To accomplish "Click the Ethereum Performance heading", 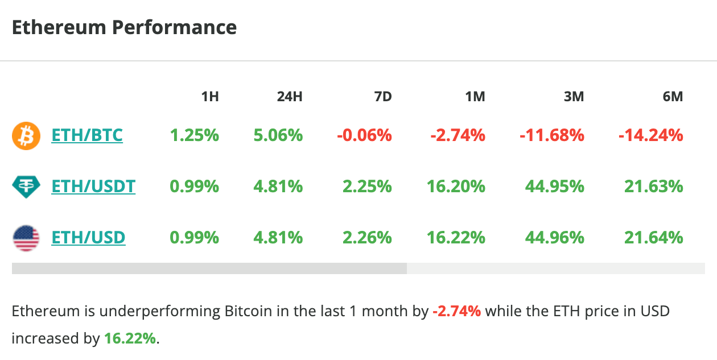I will [124, 27].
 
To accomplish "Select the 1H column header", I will [210, 97].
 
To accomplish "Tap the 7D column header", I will [383, 97].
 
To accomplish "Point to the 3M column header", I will [574, 97].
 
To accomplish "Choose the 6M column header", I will [673, 97].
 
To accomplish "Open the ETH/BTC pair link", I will [87, 135].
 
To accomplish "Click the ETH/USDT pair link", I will [93, 186].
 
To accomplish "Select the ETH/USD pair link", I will [88, 237].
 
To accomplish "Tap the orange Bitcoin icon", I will [26, 136].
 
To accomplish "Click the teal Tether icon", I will [26, 187].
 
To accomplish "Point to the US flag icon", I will [26, 238].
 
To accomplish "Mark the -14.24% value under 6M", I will [650, 135].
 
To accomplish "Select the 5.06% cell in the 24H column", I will [278, 135].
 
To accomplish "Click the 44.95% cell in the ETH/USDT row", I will [555, 186].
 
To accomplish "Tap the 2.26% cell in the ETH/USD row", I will [366, 237].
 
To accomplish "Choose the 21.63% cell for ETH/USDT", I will [653, 186].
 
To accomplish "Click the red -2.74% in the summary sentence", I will [456, 312].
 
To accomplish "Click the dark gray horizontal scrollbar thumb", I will [209, 268].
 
